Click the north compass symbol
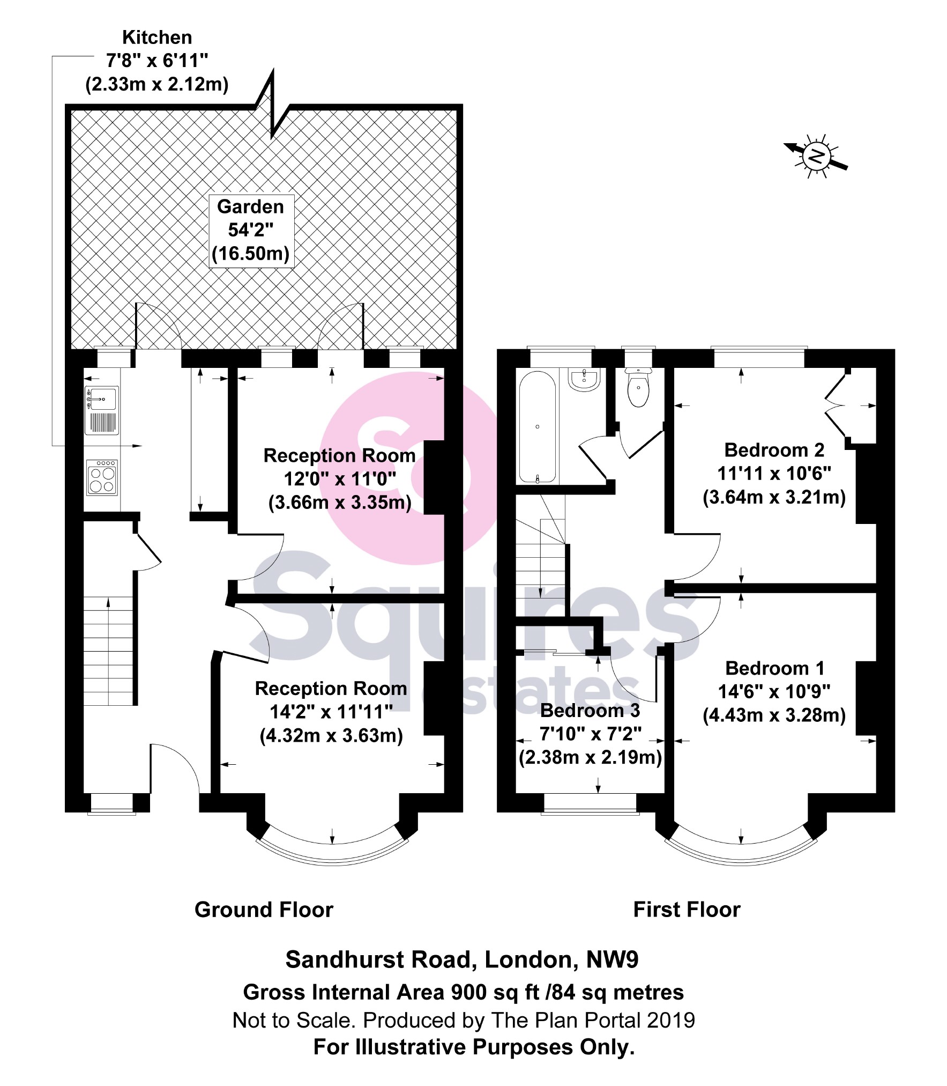[x=816, y=156]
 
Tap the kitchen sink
[x=101, y=399]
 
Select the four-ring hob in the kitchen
[x=102, y=478]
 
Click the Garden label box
[x=251, y=230]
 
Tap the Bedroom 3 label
[x=590, y=711]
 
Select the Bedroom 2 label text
[x=774, y=450]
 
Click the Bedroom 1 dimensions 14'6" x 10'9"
[x=774, y=692]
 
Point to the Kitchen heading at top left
[x=157, y=38]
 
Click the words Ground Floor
[x=264, y=910]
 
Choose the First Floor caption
[x=687, y=910]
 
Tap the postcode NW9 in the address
[x=612, y=960]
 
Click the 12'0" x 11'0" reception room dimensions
[x=339, y=479]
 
